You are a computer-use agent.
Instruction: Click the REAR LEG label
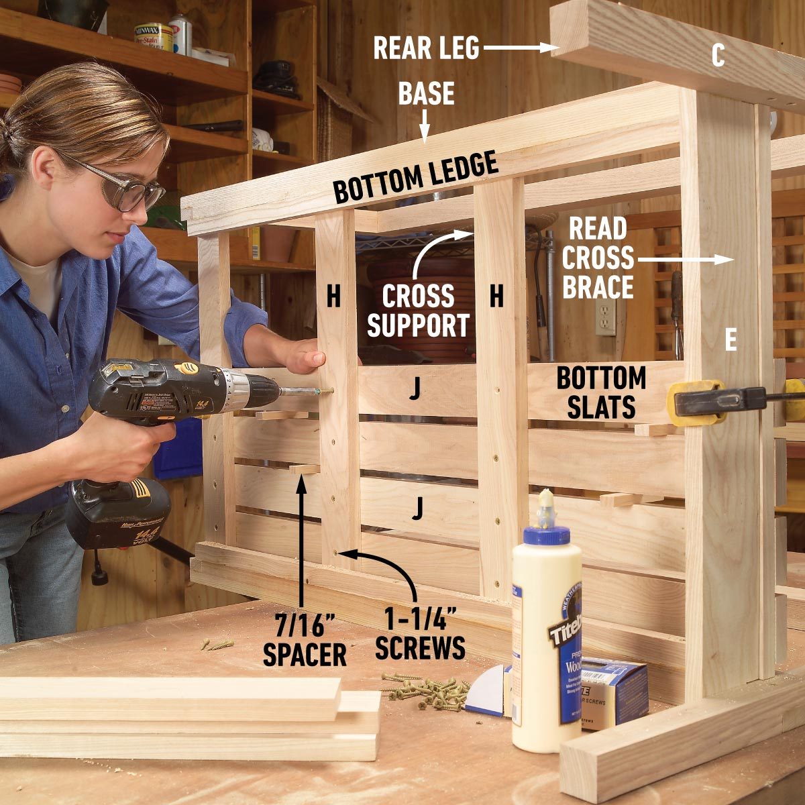coord(426,48)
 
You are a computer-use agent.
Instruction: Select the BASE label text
coord(426,94)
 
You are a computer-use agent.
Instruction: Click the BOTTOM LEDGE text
coord(416,178)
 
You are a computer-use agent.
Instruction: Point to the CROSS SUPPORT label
coord(417,311)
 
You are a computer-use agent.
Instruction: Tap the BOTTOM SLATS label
coord(601,392)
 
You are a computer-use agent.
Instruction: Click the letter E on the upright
coord(731,341)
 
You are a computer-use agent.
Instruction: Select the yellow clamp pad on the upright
coord(691,402)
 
